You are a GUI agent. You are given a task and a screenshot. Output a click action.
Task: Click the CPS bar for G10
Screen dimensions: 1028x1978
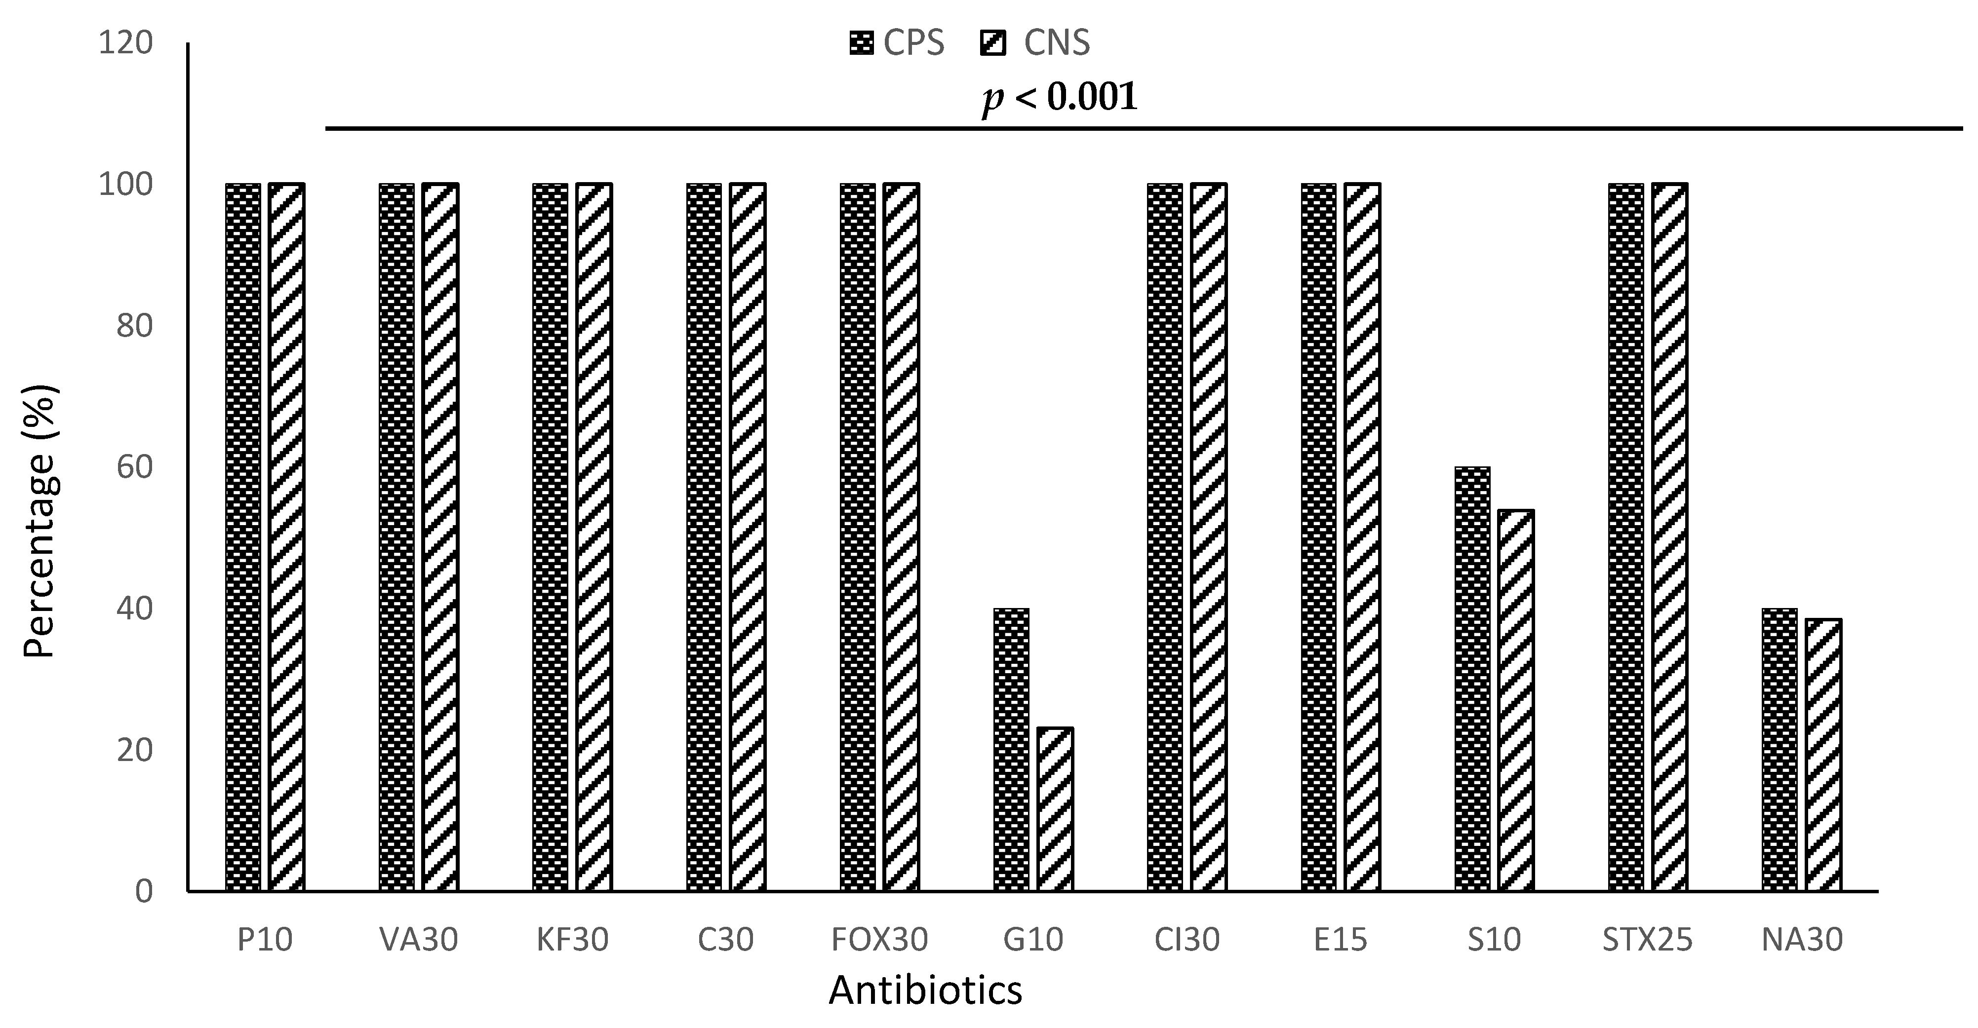(x=1011, y=750)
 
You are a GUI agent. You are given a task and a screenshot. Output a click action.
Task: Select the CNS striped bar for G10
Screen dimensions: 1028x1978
(x=1055, y=809)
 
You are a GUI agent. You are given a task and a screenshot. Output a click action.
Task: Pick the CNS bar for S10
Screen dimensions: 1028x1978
(x=1516, y=700)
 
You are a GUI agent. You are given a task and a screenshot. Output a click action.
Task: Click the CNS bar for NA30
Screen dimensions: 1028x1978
(x=1823, y=755)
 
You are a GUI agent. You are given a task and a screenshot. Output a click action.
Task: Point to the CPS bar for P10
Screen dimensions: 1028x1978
(x=243, y=537)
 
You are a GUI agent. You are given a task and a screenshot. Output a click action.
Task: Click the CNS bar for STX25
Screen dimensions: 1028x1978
(x=1669, y=537)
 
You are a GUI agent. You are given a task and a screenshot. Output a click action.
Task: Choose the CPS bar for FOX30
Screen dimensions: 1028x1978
(x=858, y=537)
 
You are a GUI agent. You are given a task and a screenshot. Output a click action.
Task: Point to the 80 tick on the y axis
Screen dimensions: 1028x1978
(x=134, y=326)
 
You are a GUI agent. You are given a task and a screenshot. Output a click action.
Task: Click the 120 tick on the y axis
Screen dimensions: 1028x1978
(x=125, y=43)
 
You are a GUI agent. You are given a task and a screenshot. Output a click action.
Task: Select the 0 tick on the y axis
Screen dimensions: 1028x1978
(x=144, y=891)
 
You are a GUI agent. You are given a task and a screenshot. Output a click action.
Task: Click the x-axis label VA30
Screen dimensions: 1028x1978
(x=419, y=940)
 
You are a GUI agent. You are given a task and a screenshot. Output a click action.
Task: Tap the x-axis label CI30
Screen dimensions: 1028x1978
(x=1187, y=940)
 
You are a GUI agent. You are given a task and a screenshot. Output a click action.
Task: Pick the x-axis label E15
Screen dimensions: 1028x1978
(x=1340, y=940)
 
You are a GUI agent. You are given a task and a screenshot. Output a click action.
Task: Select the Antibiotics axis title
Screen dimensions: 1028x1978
(x=925, y=991)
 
